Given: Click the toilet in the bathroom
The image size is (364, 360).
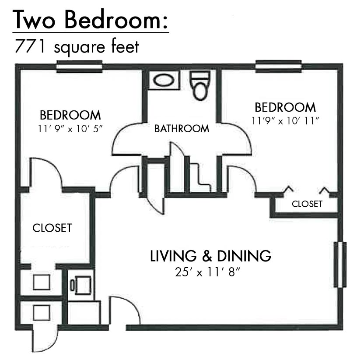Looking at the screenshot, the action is [x=200, y=85].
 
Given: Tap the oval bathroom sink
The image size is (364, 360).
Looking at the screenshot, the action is [x=164, y=80].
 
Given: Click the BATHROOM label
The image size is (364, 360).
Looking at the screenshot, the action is [x=182, y=128].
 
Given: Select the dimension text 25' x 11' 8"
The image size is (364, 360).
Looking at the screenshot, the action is [x=207, y=272].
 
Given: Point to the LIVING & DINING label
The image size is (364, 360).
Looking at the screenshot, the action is [x=210, y=256].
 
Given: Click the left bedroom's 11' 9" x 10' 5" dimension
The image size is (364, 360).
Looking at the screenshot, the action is [x=70, y=128].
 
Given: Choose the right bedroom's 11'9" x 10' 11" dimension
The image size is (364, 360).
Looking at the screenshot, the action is [x=285, y=121].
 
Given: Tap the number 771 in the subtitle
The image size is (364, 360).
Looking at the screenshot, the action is [x=30, y=46].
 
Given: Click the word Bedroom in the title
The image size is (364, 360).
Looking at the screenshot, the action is [x=116, y=20].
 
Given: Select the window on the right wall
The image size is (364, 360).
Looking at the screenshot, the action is [x=340, y=265].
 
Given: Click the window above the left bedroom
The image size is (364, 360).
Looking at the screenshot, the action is [x=79, y=67].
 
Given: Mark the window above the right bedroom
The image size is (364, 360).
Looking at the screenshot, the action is [x=278, y=66].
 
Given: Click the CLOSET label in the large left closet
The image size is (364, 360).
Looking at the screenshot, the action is [x=52, y=228].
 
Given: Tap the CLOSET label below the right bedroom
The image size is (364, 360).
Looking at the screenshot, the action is [x=307, y=204].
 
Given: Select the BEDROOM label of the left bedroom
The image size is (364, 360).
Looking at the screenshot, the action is [x=70, y=115].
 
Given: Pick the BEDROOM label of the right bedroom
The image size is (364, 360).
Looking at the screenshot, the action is [x=285, y=107].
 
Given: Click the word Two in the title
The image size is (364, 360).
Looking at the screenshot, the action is [x=34, y=20].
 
